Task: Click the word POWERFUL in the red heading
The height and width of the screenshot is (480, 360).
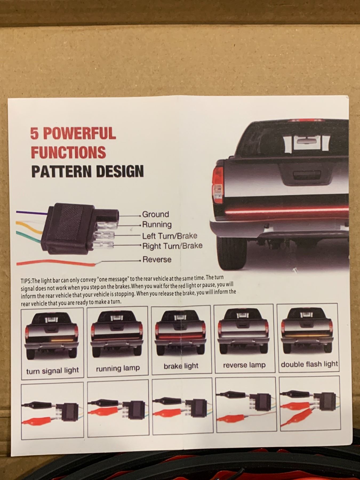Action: point(79,133)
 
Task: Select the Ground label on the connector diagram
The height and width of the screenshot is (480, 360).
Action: point(155,214)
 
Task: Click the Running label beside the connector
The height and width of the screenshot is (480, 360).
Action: point(157,225)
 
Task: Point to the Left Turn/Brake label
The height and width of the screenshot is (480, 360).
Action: point(170,236)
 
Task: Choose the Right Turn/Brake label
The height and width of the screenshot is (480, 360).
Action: point(172,246)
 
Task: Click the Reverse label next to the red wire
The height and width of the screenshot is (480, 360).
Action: point(157,259)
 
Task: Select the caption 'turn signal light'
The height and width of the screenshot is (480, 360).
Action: point(53,370)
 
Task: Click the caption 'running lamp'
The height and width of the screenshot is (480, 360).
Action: point(118,368)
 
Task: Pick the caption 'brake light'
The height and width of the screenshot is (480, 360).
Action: point(181,366)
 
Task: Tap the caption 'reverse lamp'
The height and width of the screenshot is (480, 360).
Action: point(244,365)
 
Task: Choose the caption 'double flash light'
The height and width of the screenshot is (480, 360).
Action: point(309,364)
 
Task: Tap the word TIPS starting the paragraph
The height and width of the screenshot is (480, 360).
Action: point(26,281)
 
